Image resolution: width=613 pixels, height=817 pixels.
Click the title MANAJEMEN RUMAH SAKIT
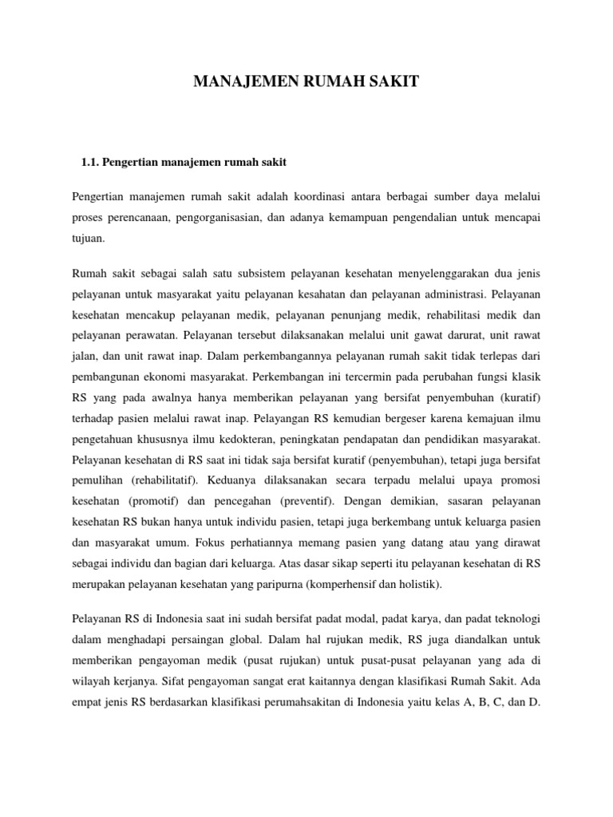[x=306, y=81]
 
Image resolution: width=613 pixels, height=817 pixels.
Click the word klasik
[x=525, y=377]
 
